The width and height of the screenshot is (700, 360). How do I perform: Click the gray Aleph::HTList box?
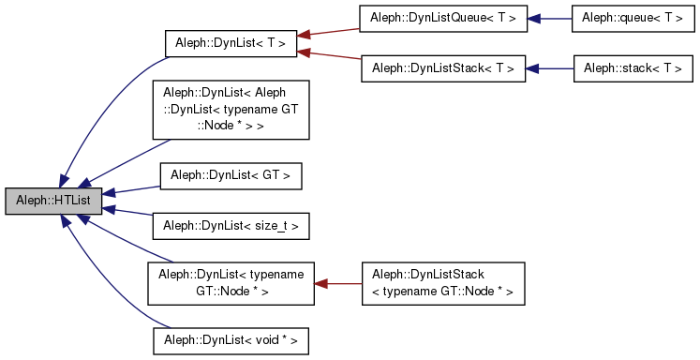(x=52, y=201)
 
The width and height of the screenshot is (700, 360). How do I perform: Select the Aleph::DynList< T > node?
(x=231, y=43)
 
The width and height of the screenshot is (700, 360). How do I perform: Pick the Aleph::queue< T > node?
(x=633, y=18)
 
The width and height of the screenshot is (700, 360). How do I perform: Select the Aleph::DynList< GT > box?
(x=231, y=175)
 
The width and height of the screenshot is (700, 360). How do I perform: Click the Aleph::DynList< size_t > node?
(x=231, y=226)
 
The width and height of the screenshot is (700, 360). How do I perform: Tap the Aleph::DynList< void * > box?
(x=231, y=340)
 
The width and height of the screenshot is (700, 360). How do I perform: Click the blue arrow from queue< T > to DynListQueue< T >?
(x=550, y=18)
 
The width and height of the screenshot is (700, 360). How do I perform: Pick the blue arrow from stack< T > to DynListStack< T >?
(x=550, y=68)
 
